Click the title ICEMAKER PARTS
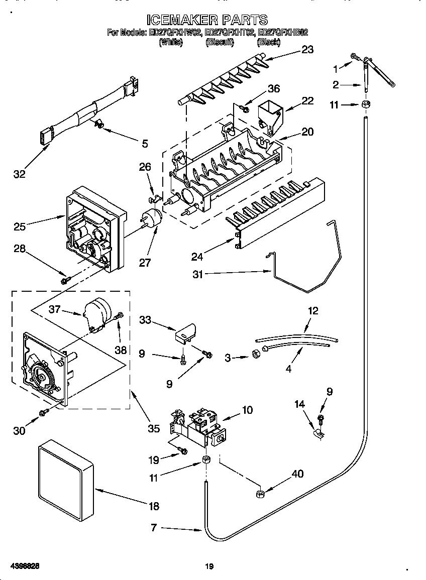click(x=207, y=20)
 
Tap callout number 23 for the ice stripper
click(x=307, y=49)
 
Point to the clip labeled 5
click(x=98, y=123)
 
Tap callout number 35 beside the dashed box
click(x=153, y=428)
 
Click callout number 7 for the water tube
click(x=154, y=528)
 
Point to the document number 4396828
click(x=24, y=566)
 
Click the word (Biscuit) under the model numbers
click(x=220, y=43)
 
